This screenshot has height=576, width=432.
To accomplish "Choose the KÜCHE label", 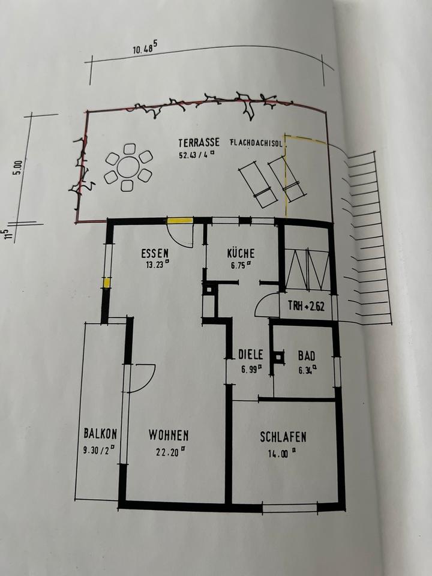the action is pyautogui.click(x=241, y=253).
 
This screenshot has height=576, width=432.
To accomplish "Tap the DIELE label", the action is pyautogui.click(x=250, y=355).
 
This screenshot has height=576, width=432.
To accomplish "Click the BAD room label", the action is pyautogui.click(x=307, y=355).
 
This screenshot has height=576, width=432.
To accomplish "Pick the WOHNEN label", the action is pyautogui.click(x=169, y=435).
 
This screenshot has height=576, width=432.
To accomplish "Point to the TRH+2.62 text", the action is pyautogui.click(x=306, y=306).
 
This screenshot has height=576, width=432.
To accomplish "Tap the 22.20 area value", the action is pyautogui.click(x=168, y=453).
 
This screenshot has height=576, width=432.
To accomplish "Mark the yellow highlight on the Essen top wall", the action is pyautogui.click(x=179, y=221).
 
